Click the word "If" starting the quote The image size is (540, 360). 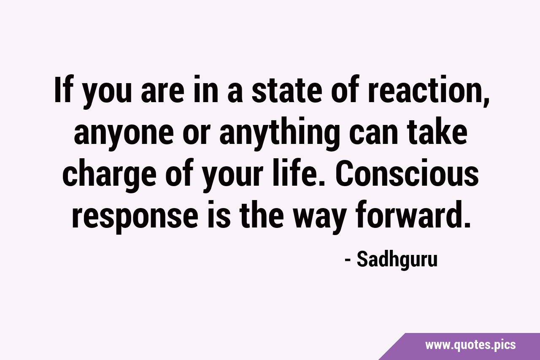64,89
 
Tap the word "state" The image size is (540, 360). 287,90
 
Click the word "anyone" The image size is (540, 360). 124,134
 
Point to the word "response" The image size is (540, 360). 135,217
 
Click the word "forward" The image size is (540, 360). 406,214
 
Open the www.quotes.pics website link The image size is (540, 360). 470,345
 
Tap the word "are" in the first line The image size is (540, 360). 163,93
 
